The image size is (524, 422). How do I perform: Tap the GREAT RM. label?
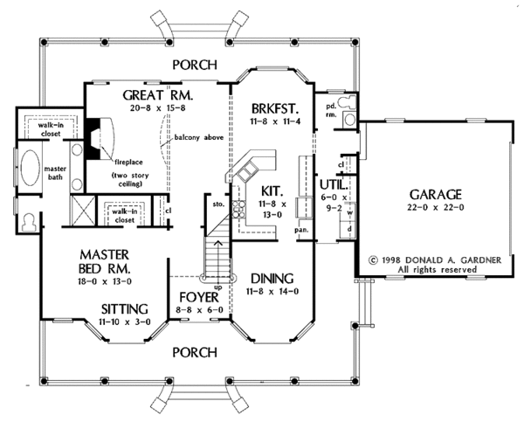click(157, 94)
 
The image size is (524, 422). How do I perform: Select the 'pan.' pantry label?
click(301, 230)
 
